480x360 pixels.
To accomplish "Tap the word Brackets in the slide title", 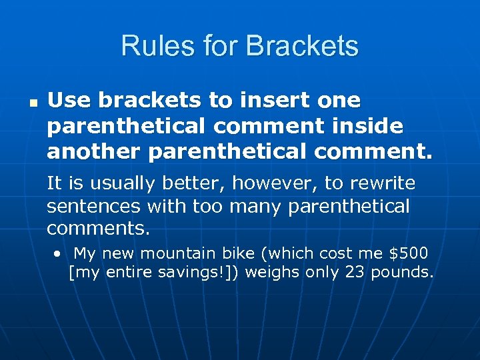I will pos(302,46).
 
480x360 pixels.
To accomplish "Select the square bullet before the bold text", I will pos(31,104).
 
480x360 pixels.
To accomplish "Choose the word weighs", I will pos(275,272).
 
